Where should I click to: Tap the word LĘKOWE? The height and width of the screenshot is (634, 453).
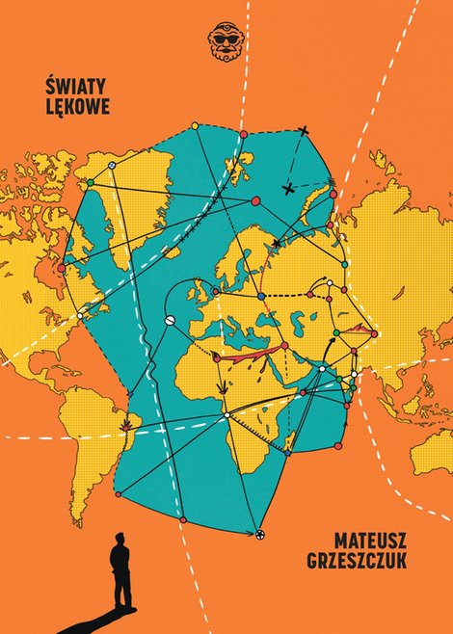coord(76,105)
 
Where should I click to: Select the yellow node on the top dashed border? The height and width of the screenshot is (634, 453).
coord(195,125)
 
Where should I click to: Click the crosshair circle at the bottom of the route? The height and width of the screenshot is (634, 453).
coord(259,534)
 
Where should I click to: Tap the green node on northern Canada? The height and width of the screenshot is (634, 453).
coord(90,182)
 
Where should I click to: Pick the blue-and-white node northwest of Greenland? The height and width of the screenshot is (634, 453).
coord(113,166)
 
